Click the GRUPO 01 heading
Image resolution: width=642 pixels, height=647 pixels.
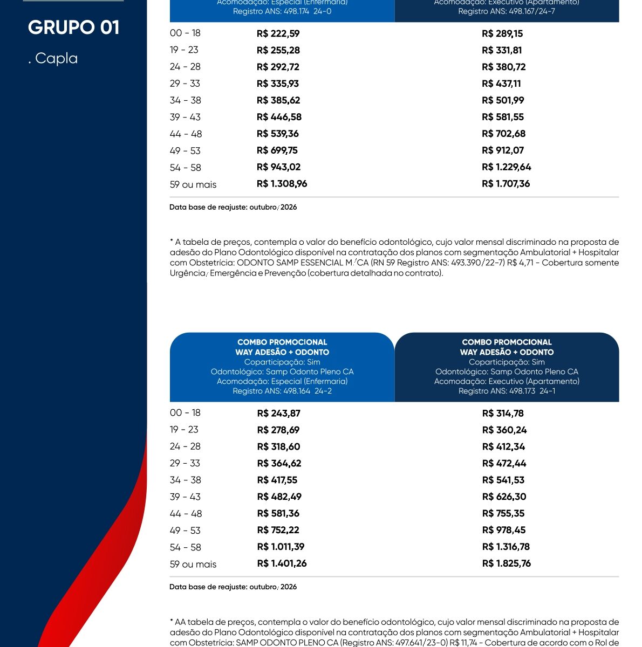click(x=73, y=27)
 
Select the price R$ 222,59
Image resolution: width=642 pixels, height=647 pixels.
click(x=278, y=33)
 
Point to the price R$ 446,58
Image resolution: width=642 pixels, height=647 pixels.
click(x=279, y=117)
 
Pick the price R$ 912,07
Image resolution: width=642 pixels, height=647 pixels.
click(x=503, y=150)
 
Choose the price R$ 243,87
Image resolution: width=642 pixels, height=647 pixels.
click(x=278, y=414)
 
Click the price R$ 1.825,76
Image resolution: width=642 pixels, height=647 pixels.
click(x=506, y=563)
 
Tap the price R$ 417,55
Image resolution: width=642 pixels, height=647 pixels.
click(x=277, y=480)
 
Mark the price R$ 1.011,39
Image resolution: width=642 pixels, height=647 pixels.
click(x=281, y=547)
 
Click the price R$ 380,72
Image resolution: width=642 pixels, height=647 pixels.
click(x=503, y=67)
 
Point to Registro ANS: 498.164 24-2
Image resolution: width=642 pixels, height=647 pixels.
click(x=282, y=391)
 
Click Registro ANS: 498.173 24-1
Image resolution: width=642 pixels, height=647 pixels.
click(x=507, y=391)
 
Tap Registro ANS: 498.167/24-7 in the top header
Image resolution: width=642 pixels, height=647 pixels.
click(x=507, y=11)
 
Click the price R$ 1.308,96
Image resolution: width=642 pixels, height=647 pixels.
click(x=282, y=184)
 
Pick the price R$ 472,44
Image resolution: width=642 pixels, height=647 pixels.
click(x=504, y=464)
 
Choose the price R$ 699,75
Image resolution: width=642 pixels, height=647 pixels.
click(x=277, y=150)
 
